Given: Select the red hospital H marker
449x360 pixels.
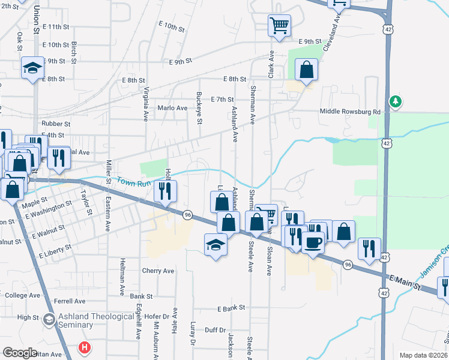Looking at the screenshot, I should pyautogui.click(x=85, y=347).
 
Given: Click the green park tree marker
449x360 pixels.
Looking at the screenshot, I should pyautogui.click(x=395, y=101).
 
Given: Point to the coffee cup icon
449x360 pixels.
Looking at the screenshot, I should pyautogui.click(x=313, y=243).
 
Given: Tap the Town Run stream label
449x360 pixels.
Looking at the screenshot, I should pyautogui.click(x=131, y=181).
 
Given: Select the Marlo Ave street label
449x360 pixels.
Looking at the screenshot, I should pyautogui.click(x=172, y=108).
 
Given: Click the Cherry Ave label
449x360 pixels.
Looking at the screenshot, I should pyautogui.click(x=158, y=271).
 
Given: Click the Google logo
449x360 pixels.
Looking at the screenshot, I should pyautogui.click(x=20, y=353).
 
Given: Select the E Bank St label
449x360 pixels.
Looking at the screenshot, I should pyautogui.click(x=232, y=307).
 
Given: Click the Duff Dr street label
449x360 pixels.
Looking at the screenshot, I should pyautogui.click(x=214, y=330).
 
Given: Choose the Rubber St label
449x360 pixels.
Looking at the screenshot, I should pyautogui.click(x=56, y=124).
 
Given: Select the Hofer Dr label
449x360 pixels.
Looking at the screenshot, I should pyautogui.click(x=158, y=316).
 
